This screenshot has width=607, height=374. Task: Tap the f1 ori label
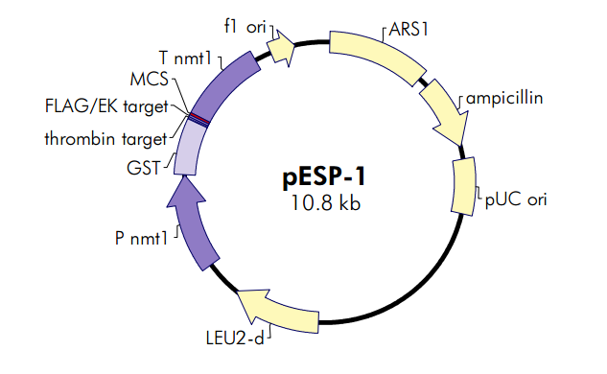(x=245, y=28)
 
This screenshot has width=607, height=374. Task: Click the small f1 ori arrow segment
(x=280, y=47)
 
